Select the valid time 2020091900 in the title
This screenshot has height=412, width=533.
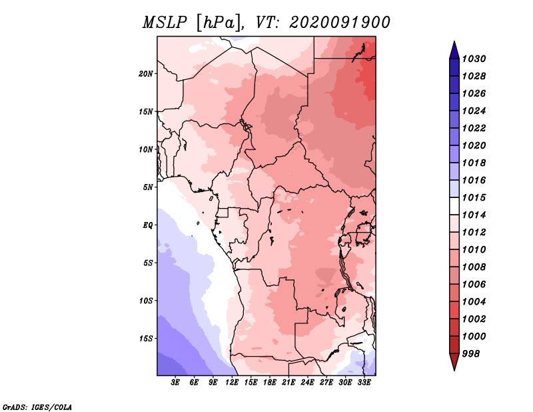[340, 22]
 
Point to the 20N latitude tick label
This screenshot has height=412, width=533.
[146, 73]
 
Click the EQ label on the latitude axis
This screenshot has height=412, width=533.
[148, 225]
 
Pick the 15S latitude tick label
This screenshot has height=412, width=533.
[146, 339]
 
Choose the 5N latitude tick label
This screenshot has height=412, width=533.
[148, 187]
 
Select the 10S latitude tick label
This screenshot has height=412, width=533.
[146, 301]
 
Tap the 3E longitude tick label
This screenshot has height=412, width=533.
[176, 383]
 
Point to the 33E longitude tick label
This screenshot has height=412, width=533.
[364, 383]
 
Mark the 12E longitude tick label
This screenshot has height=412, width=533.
[233, 383]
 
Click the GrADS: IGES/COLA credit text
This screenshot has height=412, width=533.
[37, 406]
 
